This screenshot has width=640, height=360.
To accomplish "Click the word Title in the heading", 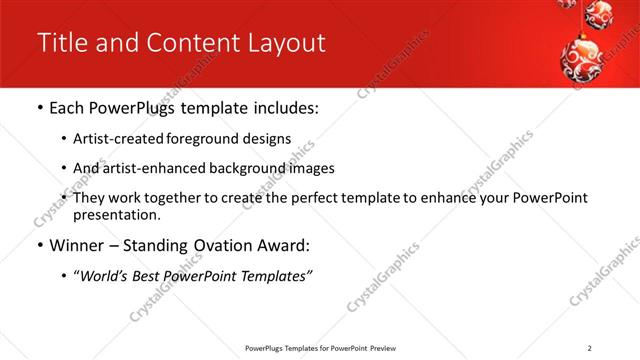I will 59,43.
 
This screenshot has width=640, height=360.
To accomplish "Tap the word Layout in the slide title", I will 285,43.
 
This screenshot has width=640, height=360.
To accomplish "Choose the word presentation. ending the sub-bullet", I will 116,214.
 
